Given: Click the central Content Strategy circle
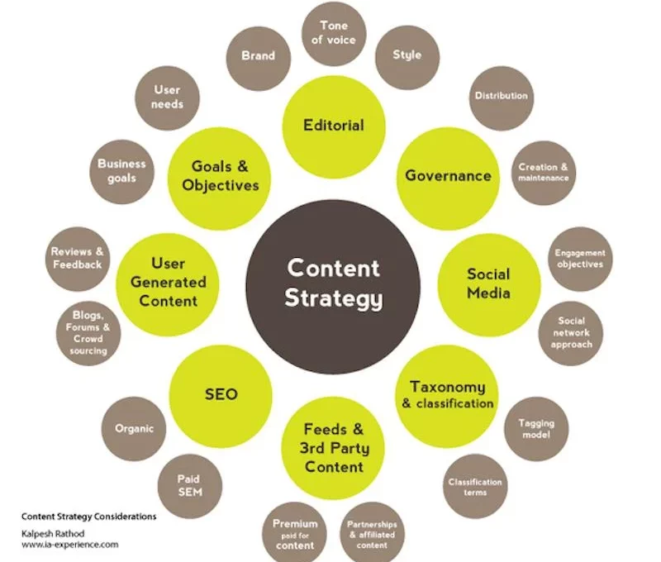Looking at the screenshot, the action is click(x=333, y=287).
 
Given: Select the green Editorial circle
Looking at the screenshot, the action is click(x=334, y=126).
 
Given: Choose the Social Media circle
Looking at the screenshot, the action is click(x=489, y=284).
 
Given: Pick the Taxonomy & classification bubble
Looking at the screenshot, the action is click(x=447, y=397).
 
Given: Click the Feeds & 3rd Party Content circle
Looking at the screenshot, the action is click(x=333, y=448).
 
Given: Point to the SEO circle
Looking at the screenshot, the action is click(x=221, y=396).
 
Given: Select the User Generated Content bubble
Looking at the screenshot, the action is click(x=168, y=284).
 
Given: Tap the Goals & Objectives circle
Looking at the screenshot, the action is click(x=219, y=179).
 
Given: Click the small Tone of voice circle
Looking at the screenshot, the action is click(x=334, y=34).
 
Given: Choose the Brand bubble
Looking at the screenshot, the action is click(x=259, y=59).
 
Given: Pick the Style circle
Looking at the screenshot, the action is click(x=407, y=57).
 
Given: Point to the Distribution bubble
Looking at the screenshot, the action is click(x=502, y=98).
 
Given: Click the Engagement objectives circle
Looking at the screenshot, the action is click(x=581, y=259).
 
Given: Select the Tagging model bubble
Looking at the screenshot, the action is click(x=536, y=429).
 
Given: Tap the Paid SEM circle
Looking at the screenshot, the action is click(x=190, y=486).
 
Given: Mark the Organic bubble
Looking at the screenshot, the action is click(x=134, y=429).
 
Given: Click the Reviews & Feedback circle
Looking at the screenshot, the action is click(x=78, y=259).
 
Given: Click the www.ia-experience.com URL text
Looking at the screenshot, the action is click(x=70, y=545).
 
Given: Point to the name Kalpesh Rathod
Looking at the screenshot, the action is click(x=53, y=533).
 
